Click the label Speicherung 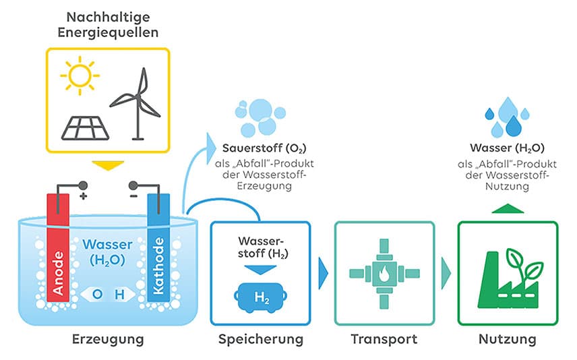tap(260, 339)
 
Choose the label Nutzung tap(507, 339)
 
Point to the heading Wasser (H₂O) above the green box tap(507, 148)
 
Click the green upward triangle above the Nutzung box tap(507, 208)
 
